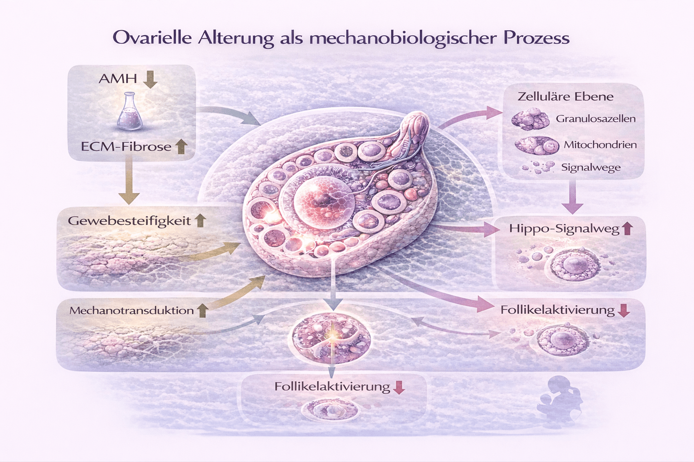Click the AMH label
tap(117, 79)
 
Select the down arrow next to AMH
tap(150, 79)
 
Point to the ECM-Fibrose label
tap(126, 147)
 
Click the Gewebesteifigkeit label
tap(130, 221)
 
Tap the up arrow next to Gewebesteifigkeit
tap(200, 220)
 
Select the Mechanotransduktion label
tap(131, 310)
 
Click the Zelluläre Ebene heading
tap(565, 97)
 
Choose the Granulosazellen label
tap(596, 119)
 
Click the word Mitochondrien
tap(600, 145)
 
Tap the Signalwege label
tap(591, 167)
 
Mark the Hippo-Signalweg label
tap(564, 229)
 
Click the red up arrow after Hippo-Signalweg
tap(627, 229)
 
